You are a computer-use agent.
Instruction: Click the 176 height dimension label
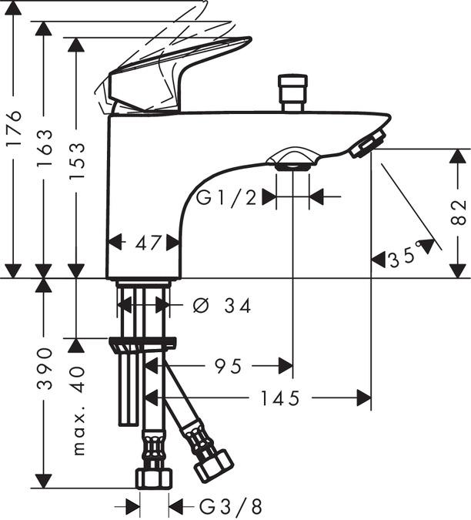[x=15, y=128]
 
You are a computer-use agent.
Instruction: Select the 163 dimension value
[x=45, y=148]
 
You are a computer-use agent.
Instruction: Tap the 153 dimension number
[x=77, y=162]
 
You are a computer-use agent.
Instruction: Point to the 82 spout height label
[x=458, y=213]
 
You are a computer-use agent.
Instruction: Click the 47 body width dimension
[x=148, y=243]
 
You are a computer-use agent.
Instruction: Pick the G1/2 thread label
[x=226, y=198]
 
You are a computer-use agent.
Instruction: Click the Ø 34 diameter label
[x=222, y=306]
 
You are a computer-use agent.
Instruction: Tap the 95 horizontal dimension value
[x=229, y=367]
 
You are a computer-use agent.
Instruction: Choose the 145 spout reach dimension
[x=280, y=398]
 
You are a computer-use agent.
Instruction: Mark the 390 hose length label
[x=45, y=368]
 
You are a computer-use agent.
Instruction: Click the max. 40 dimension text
[x=78, y=411]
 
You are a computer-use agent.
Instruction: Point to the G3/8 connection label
[x=231, y=506]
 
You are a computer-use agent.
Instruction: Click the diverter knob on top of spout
[x=292, y=93]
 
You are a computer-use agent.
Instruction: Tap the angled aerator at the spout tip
[x=367, y=143]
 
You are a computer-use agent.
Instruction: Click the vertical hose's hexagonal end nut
[x=154, y=478]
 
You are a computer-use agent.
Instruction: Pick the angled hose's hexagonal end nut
[x=214, y=466]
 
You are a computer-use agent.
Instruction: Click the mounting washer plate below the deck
[x=142, y=343]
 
